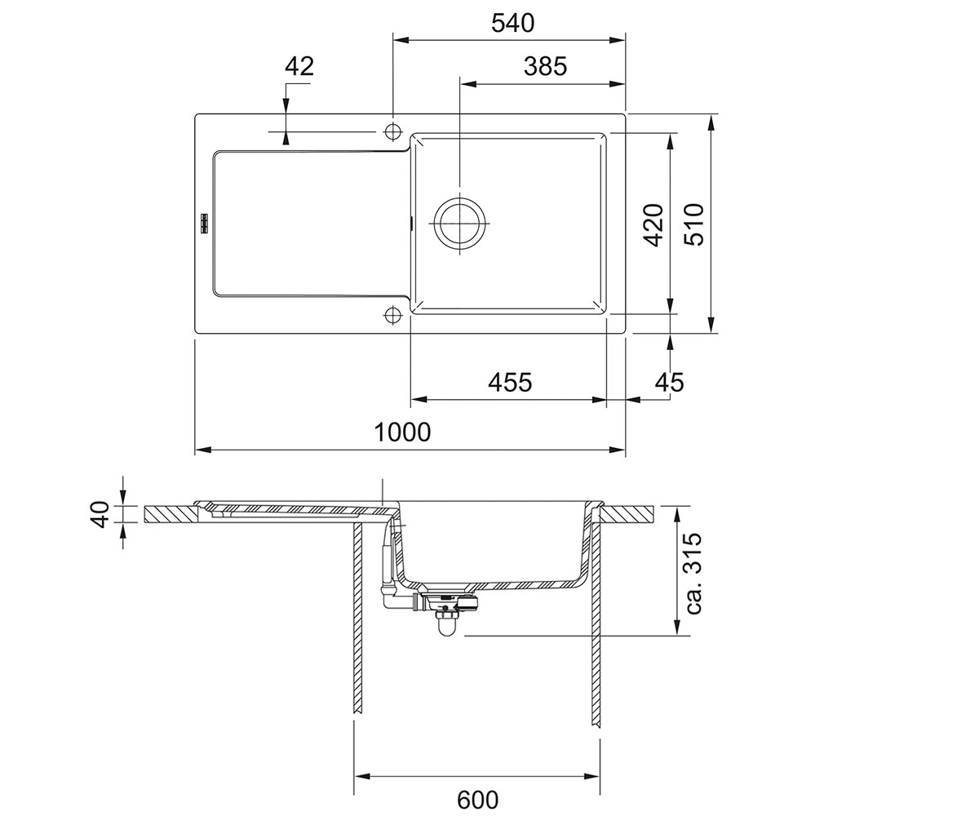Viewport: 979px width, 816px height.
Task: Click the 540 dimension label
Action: [x=512, y=23]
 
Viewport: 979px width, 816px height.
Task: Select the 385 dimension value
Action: [x=545, y=67]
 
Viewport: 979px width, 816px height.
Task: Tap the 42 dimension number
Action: [x=299, y=67]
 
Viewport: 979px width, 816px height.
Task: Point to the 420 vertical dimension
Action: [x=653, y=224]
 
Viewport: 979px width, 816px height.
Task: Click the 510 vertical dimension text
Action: [x=694, y=224]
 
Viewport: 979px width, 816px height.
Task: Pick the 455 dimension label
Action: [x=510, y=382]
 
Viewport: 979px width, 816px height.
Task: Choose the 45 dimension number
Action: [x=670, y=382]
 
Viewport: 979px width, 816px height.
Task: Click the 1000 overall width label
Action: [x=402, y=432]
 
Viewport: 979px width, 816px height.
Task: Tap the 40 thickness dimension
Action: [x=100, y=514]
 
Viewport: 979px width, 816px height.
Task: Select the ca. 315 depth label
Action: [x=693, y=573]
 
